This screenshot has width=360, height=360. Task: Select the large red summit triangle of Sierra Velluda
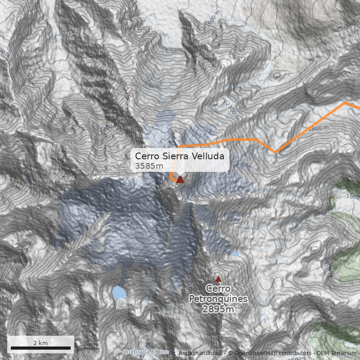click(x=180, y=180)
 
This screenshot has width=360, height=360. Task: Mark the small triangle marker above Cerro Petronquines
click(x=218, y=279)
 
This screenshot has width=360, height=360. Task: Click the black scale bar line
click(x=40, y=348)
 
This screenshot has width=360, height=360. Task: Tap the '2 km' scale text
click(x=40, y=343)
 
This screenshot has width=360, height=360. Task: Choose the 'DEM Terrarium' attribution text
click(x=338, y=353)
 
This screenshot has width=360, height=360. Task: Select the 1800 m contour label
click(x=320, y=128)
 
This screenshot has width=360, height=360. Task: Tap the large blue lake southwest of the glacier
click(x=119, y=293)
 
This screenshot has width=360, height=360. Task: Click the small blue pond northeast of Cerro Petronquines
click(x=235, y=254)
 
